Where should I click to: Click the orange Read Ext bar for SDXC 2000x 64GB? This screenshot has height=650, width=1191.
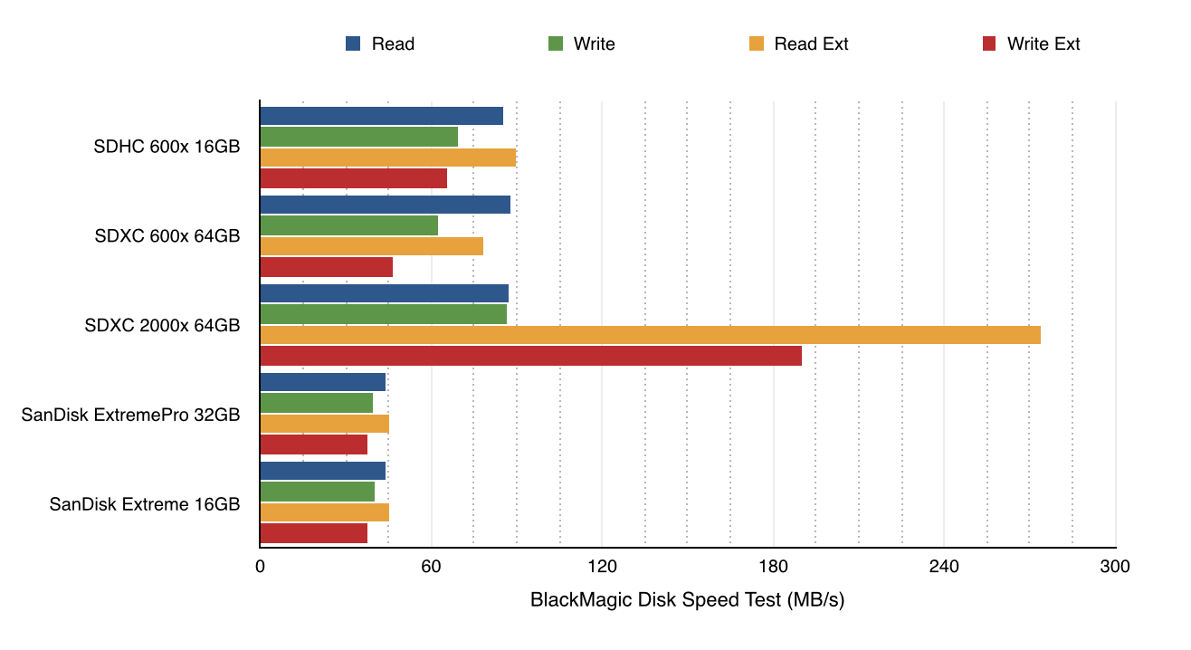coord(650,335)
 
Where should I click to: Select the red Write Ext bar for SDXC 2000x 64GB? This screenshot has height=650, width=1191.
coord(530,356)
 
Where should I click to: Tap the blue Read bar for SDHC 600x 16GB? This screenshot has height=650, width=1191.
coord(381,116)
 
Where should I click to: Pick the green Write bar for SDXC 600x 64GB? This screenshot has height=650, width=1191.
coord(348,225)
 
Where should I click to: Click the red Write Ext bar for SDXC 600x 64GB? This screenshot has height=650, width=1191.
coord(326,267)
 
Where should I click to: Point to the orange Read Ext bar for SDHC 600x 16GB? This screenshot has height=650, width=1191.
coord(387,158)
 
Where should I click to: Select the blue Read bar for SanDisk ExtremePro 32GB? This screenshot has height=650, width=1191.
coord(322,382)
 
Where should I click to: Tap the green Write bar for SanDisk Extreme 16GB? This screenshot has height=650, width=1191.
coord(317,492)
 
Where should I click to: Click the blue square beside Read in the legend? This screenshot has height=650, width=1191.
coord(354,43)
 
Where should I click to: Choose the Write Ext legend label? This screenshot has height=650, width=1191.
coord(1043,43)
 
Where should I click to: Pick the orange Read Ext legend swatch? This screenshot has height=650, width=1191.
coord(757,43)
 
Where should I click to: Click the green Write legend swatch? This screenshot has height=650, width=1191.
coord(556,43)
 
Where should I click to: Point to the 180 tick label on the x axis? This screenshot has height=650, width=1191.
coord(773,568)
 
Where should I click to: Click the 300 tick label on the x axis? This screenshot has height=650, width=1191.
coord(1114,568)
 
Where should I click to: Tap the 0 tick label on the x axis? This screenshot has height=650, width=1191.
coord(260,568)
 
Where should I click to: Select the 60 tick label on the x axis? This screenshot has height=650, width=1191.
coord(431,568)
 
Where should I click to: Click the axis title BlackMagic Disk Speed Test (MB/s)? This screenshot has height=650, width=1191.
coord(687,599)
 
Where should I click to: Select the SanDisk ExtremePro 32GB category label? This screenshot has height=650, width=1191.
coord(131,415)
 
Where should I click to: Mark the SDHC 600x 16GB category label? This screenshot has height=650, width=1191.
coord(167,147)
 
